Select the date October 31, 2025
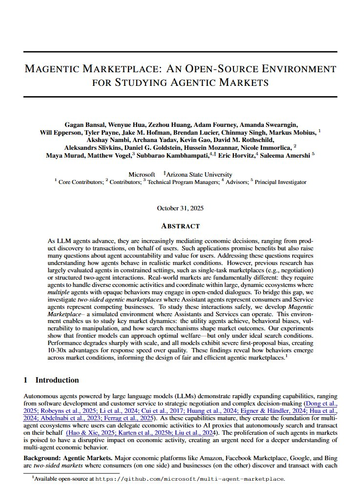point(180,208)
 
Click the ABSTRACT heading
point(180,226)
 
